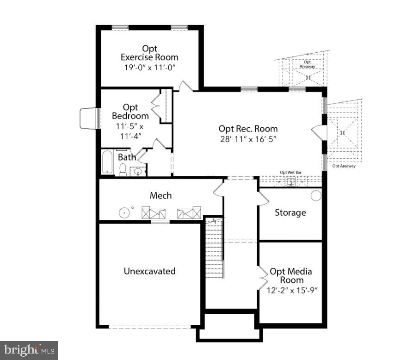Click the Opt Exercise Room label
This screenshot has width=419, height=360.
(x=149, y=53)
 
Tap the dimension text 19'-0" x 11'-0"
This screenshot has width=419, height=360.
(x=149, y=68)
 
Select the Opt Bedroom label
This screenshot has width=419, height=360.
(x=130, y=112)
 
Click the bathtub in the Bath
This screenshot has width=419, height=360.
(x=108, y=162)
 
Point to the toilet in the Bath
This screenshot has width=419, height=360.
(x=123, y=170)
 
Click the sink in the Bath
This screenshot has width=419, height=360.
(x=137, y=172)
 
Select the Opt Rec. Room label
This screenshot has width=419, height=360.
(x=248, y=129)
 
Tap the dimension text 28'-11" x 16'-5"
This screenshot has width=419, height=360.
(x=248, y=139)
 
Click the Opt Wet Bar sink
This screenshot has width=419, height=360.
(x=291, y=182)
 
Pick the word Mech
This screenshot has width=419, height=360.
(x=160, y=196)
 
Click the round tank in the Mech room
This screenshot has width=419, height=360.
(x=124, y=213)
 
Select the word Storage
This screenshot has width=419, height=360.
(x=290, y=212)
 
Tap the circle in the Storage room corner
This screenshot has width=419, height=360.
(x=316, y=195)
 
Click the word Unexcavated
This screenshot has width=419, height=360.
(x=149, y=271)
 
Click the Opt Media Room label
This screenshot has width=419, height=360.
(x=291, y=275)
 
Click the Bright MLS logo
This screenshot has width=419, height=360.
(x=29, y=350)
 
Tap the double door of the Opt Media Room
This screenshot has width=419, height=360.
(x=263, y=277)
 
